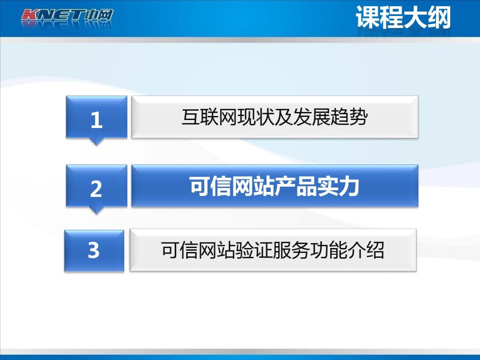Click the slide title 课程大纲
click(x=403, y=17)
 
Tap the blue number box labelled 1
click(x=96, y=117)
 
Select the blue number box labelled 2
click(x=96, y=186)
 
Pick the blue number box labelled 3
click(x=94, y=251)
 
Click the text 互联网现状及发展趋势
click(x=275, y=117)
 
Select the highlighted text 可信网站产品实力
click(x=275, y=186)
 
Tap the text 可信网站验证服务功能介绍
click(x=273, y=250)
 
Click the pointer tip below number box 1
click(x=96, y=145)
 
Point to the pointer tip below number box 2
click(x=96, y=214)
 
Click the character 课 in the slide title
click(x=368, y=17)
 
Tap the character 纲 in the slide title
click(x=439, y=17)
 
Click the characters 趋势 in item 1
click(x=349, y=117)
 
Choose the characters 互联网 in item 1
click(x=210, y=117)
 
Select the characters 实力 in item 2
click(x=339, y=186)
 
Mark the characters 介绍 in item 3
click(x=366, y=250)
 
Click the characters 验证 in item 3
click(x=254, y=250)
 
